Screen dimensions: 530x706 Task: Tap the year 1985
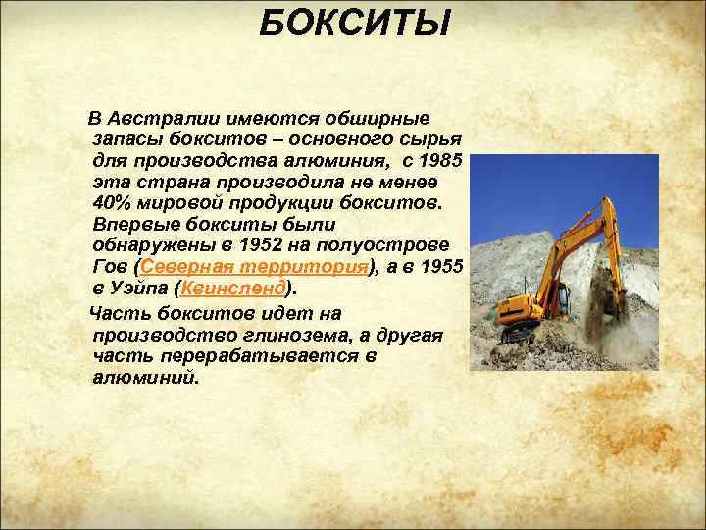[447, 159]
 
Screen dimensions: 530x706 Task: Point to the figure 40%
[111, 202]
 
